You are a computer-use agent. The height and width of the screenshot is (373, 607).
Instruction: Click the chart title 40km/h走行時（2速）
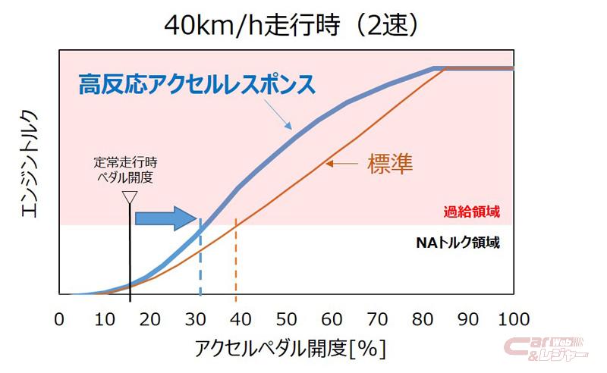pyautogui.click(x=291, y=26)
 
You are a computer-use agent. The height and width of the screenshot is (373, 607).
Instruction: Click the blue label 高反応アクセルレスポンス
pyautogui.click(x=197, y=84)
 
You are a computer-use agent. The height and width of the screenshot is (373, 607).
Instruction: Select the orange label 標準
pyautogui.click(x=390, y=163)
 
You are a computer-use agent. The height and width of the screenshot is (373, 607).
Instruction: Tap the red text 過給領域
pyautogui.click(x=472, y=212)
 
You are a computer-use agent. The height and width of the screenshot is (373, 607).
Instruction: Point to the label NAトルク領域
pyautogui.click(x=458, y=244)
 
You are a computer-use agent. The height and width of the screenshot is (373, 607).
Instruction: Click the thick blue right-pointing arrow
pyautogui.click(x=166, y=218)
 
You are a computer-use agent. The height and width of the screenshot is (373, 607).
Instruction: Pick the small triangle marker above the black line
pyautogui.click(x=130, y=198)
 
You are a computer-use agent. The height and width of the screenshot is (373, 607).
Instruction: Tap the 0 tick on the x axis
pyautogui.click(x=59, y=318)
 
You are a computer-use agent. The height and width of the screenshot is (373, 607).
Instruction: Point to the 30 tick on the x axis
pyautogui.click(x=197, y=318)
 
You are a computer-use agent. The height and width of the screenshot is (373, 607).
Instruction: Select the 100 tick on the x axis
pyautogui.click(x=510, y=318)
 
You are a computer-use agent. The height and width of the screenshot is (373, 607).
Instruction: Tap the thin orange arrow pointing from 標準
pyautogui.click(x=344, y=163)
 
